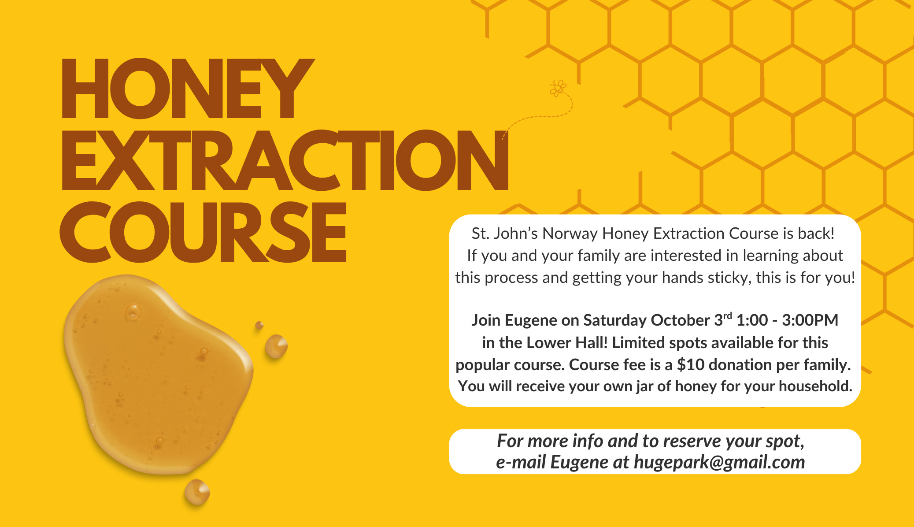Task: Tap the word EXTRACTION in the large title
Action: pos(285,160)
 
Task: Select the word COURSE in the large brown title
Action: pos(203,232)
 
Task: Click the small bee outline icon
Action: pos(558,88)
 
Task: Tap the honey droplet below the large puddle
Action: pos(197,492)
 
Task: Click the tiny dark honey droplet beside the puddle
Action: pos(259,325)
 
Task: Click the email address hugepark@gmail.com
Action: pos(719,462)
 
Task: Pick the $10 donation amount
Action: pos(691,364)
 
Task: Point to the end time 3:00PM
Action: pos(810,320)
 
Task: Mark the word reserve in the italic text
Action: pos(692,441)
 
